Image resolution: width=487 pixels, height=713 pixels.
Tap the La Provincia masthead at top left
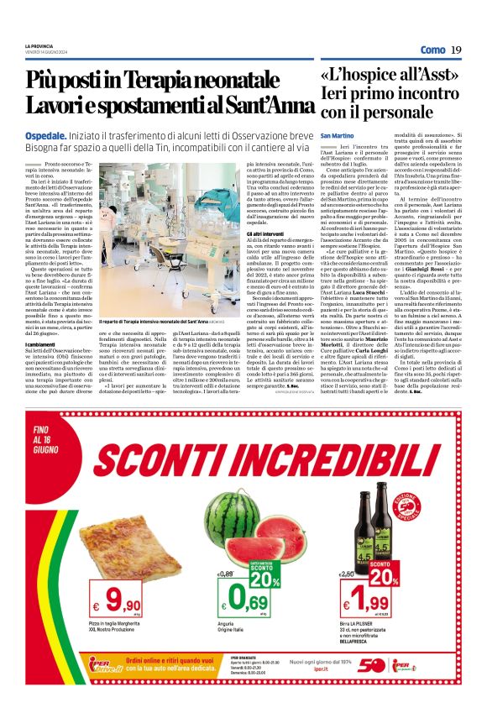click(39, 45)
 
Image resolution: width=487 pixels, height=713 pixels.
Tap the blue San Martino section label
click(338, 135)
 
